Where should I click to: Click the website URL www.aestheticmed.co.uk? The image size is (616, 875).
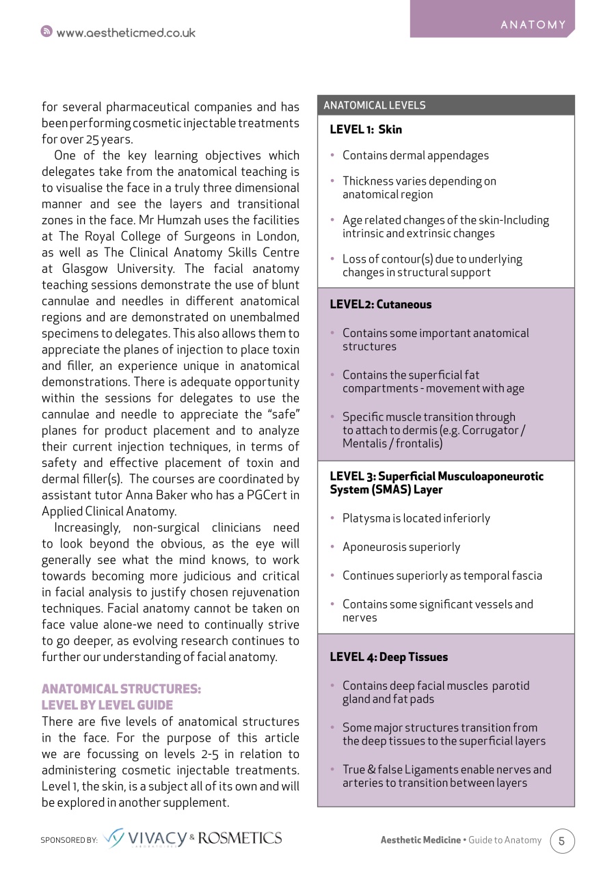click(x=126, y=33)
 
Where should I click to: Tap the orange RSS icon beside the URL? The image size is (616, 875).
click(x=46, y=32)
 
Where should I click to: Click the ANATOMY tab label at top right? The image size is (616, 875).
click(x=533, y=25)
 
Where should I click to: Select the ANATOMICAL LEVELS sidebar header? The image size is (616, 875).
click(x=374, y=105)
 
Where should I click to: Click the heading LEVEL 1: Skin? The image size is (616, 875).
click(x=366, y=129)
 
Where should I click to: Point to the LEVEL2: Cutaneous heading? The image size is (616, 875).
click(x=380, y=305)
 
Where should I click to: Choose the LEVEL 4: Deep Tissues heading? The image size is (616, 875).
click(x=388, y=657)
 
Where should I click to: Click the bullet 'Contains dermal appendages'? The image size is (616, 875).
click(x=415, y=155)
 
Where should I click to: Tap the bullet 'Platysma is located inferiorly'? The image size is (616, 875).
click(x=416, y=518)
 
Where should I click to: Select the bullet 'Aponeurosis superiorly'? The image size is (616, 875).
click(x=401, y=547)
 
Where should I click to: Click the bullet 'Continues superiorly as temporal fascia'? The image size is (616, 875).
click(x=442, y=576)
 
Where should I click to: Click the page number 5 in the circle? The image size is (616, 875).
click(x=562, y=841)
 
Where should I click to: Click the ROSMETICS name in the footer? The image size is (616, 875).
click(x=240, y=838)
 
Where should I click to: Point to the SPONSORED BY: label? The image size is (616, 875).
click(x=69, y=840)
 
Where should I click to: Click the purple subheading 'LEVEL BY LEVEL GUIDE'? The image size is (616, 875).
click(x=107, y=705)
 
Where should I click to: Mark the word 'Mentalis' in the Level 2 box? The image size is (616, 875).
click(x=367, y=444)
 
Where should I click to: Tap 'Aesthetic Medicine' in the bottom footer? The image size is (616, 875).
click(x=420, y=840)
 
